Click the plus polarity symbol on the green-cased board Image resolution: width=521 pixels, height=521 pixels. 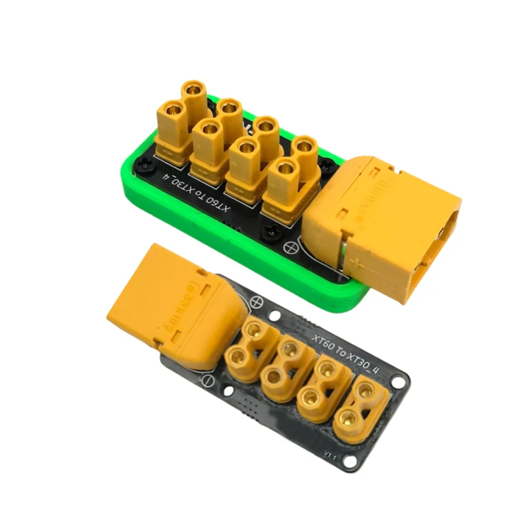290,246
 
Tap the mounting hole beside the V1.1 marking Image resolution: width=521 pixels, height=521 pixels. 351,464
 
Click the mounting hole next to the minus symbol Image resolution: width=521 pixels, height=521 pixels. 229,390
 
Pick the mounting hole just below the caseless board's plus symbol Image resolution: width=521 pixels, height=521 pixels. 276,317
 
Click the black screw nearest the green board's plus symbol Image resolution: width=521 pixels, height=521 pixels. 268,229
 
